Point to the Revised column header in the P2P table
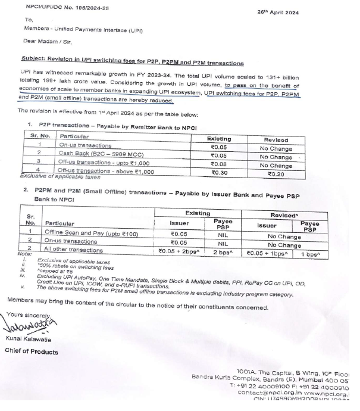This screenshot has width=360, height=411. [275, 139]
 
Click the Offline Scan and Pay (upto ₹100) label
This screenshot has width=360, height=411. [87, 235]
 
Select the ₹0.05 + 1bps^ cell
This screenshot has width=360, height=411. [268, 252]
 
